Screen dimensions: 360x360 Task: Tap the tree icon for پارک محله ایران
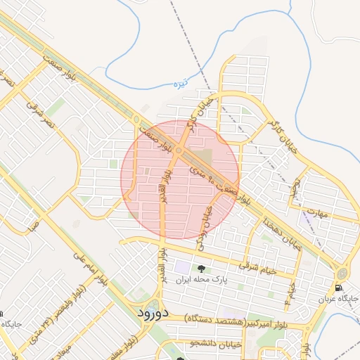click(x=202, y=269)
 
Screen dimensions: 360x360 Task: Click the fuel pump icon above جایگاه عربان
click(x=339, y=288)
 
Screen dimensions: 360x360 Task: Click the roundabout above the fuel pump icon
click(x=342, y=274)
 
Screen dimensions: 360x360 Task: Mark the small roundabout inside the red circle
click(x=179, y=150)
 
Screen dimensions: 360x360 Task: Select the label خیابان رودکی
click(x=207, y=215)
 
